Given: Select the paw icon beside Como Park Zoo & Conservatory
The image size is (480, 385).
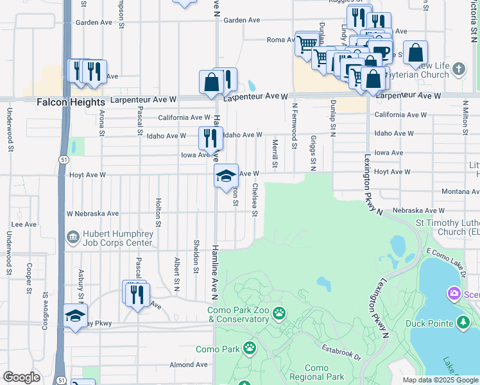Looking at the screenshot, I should coord(279,314).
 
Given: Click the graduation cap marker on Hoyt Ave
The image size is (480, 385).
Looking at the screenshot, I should coord(225,176).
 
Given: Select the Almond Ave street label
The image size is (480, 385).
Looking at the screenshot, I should coord(189,364).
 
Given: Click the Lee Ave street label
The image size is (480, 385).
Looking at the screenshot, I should coord(24,225).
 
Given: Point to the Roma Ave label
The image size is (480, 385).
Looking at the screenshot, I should coord(280,40).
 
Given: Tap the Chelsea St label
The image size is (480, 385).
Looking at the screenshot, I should coord(255,199).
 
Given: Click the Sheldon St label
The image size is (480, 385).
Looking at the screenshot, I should coord(196,255).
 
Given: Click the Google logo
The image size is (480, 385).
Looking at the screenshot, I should coord(21,377).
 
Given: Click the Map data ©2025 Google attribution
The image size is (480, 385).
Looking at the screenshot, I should coord(440,380).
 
